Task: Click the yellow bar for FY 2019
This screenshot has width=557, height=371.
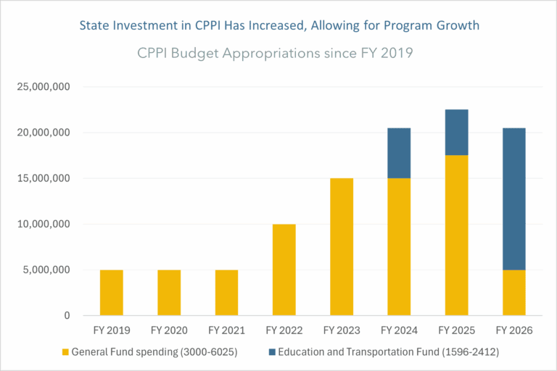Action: click(112, 293)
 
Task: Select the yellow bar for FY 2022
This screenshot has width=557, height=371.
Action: click(284, 270)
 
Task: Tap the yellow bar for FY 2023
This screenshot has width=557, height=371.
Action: click(342, 247)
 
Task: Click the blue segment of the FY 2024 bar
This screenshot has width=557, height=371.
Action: click(399, 153)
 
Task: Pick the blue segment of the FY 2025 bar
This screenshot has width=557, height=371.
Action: click(456, 133)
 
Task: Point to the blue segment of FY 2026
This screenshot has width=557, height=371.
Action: click(514, 199)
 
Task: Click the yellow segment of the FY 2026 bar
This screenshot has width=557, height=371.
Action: click(514, 293)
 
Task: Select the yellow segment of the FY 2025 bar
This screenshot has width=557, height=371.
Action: click(456, 235)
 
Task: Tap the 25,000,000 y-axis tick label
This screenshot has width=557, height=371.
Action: click(44, 87)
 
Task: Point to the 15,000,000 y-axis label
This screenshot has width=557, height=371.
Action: click(44, 178)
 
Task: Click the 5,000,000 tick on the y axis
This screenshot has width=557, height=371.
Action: click(46, 270)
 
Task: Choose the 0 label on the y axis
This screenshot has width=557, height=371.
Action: click(67, 315)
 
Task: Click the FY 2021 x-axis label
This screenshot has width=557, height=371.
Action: click(226, 330)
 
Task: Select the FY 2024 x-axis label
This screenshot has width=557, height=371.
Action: click(399, 330)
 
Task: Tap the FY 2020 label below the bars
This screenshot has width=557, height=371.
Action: click(169, 330)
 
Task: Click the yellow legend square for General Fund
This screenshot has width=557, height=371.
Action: click(65, 352)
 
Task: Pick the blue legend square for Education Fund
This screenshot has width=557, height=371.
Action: click(272, 352)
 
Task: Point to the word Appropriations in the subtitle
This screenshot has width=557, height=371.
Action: click(271, 54)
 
